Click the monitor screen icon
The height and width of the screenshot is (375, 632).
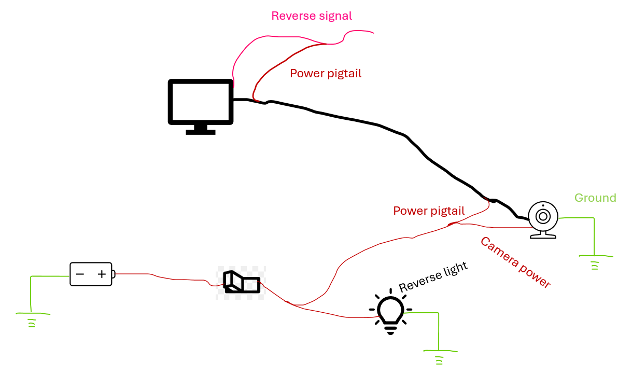coord(200,102)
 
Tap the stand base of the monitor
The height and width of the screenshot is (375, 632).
coord(200,132)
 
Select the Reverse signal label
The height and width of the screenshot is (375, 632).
coord(312,16)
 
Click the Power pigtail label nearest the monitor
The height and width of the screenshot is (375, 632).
coord(326,74)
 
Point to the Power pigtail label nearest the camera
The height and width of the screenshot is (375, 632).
coord(429,211)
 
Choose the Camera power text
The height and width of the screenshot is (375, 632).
coord(515,262)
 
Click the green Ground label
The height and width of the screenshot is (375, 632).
coord(595,198)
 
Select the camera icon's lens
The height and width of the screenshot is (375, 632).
coord(543,217)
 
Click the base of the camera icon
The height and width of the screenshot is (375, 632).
coord(543,236)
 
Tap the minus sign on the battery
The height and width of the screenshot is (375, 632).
coord(80,274)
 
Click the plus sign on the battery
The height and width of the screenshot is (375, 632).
coord(102,274)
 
